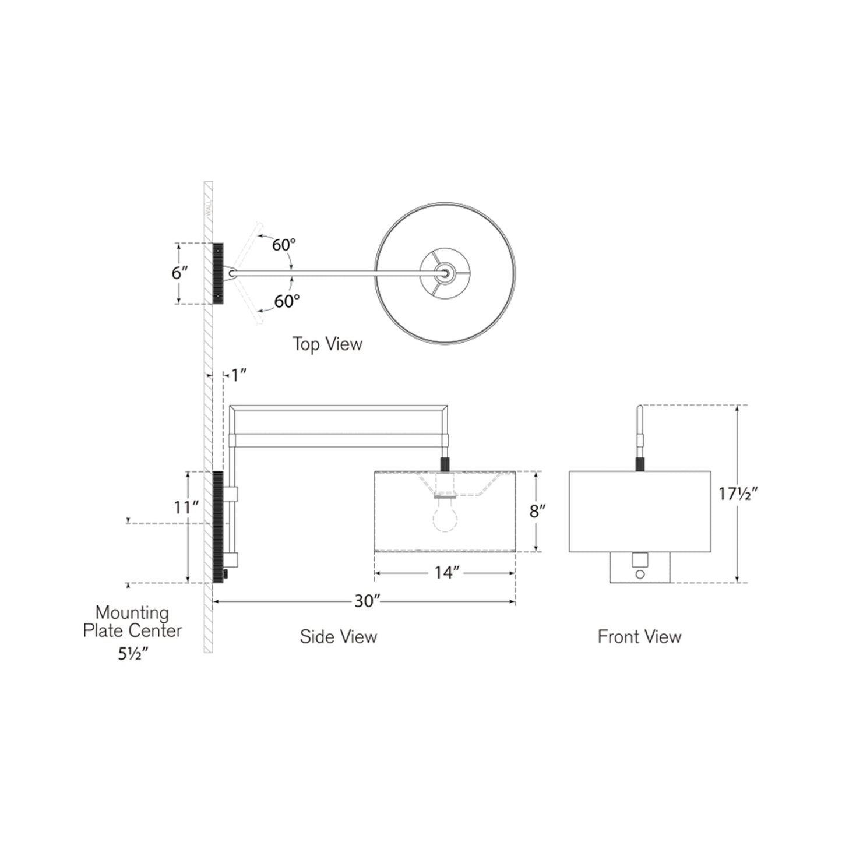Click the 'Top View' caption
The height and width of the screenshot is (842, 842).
coord(327,344)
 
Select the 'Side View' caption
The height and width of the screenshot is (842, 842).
coord(338,636)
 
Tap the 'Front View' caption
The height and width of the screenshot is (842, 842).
coord(639,636)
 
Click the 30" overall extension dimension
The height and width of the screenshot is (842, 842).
coord(367,601)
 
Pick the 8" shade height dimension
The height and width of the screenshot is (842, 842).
coord(537,512)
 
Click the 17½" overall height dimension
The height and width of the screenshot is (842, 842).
coord(737,494)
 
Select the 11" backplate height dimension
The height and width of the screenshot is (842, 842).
coord(186,508)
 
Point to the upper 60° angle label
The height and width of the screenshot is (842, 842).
coord(284,245)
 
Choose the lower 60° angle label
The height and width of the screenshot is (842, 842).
coord(287,301)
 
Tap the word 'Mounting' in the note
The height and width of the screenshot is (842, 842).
coord(132,612)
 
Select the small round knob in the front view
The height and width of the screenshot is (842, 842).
coord(640,575)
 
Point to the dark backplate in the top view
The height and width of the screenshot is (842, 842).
coord(218,273)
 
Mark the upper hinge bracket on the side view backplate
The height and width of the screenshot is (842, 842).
coord(231,494)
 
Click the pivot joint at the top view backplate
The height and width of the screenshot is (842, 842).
coord(233,272)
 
